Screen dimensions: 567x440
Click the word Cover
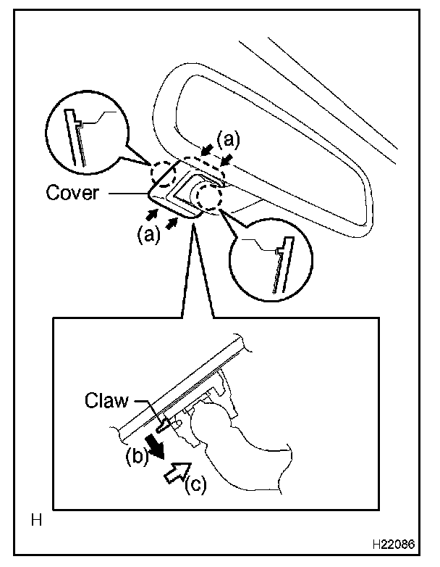(x=72, y=193)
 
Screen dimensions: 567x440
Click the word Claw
(x=106, y=402)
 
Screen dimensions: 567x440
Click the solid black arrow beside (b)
(x=153, y=443)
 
